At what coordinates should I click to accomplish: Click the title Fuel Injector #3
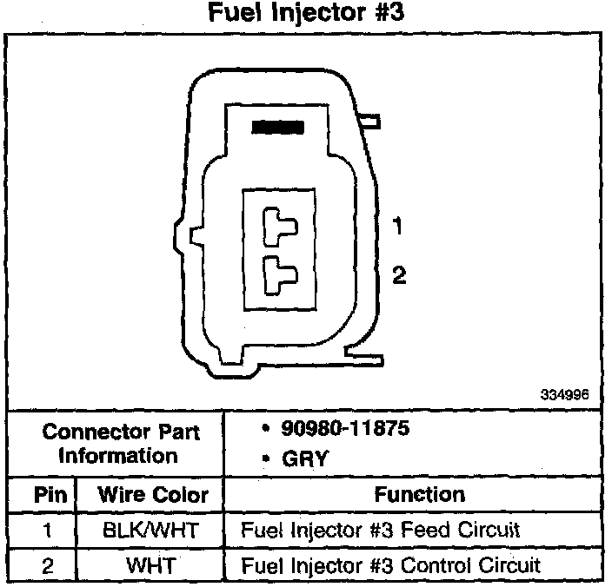307,15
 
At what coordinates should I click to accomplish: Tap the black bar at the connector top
277,127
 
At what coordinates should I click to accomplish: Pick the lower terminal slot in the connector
280,274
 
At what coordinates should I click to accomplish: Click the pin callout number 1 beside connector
397,227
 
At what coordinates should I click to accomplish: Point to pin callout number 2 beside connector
398,275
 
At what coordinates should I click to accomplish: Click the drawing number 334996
565,394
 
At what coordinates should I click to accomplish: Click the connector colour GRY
304,458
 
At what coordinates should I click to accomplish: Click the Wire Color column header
153,495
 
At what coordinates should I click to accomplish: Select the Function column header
420,494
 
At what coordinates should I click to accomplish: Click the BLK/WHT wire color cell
152,530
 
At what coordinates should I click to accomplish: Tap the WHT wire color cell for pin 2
152,565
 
